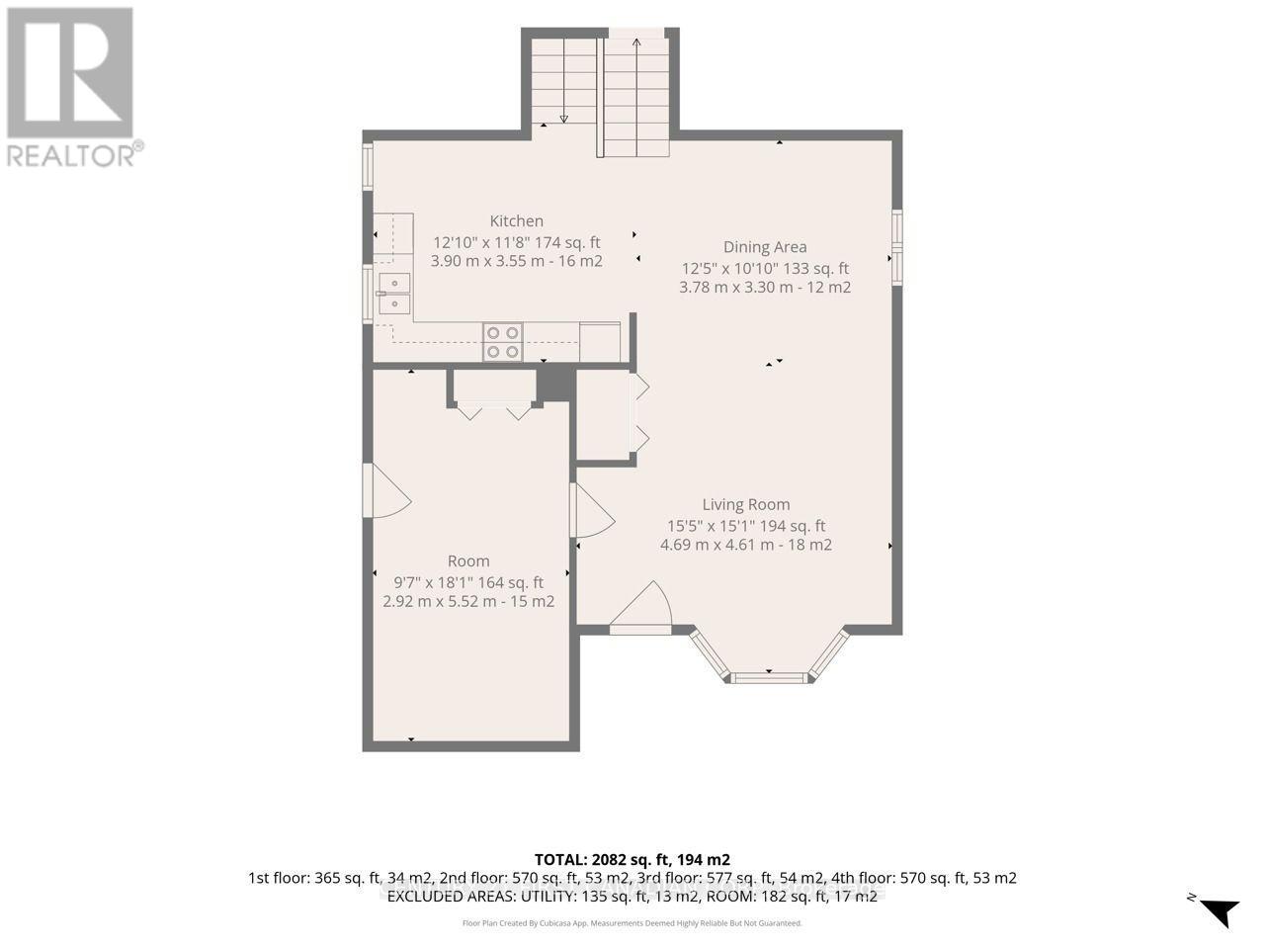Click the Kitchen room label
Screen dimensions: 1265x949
(x=516, y=221)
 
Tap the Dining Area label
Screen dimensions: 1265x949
(x=765, y=247)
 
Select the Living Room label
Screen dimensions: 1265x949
(x=746, y=505)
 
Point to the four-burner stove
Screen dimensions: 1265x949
(x=503, y=342)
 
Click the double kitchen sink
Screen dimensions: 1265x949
(x=394, y=294)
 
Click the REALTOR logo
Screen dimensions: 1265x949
(x=70, y=87)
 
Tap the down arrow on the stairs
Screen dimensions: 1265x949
(x=564, y=81)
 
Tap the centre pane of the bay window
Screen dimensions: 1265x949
(x=769, y=677)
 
